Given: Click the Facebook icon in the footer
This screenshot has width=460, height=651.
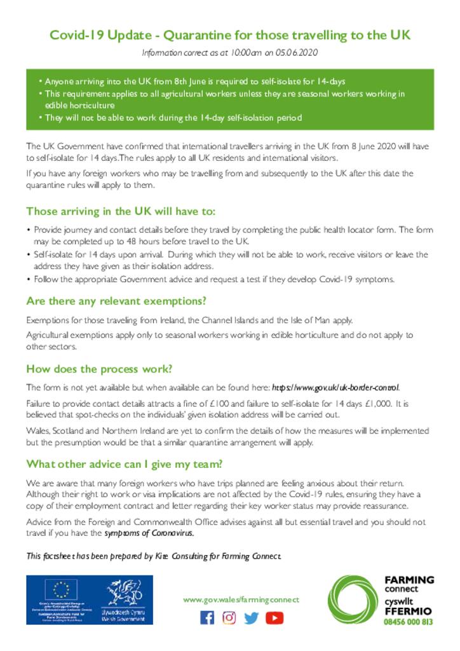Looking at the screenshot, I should (207, 617).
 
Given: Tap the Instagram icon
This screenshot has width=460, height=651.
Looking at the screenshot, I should (229, 617).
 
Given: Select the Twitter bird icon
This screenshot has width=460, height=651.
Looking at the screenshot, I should (252, 617).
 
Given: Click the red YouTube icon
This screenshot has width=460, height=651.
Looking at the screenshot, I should (274, 617).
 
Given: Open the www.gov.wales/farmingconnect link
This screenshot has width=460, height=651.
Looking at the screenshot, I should (241, 600).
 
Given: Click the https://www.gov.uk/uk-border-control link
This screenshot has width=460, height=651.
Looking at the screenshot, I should (335, 387).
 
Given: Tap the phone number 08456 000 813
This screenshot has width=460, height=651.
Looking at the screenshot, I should (409, 622).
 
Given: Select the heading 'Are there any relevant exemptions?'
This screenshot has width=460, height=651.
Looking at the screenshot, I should (116, 301).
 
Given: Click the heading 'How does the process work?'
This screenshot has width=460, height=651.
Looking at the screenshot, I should (99, 369).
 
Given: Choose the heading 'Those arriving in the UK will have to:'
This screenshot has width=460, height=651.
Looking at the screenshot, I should (121, 212).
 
